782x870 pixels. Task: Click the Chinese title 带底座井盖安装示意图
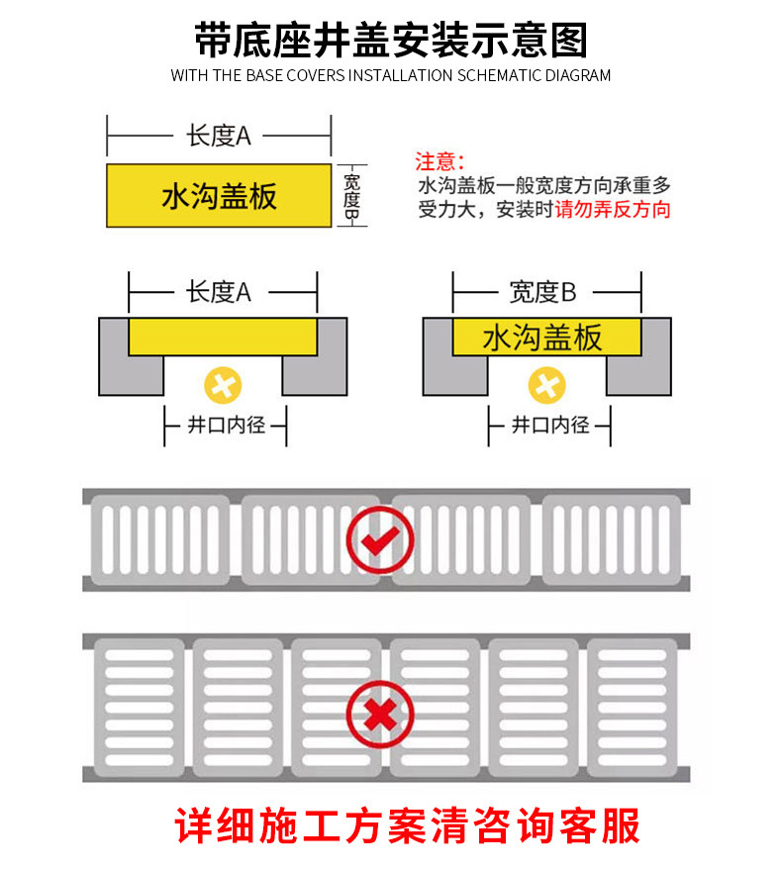pyautogui.click(x=391, y=40)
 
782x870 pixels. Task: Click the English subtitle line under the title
pyautogui.click(x=391, y=75)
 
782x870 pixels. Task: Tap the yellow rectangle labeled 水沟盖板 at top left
pyautogui.click(x=219, y=195)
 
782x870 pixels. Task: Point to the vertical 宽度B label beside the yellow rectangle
pyautogui.click(x=351, y=196)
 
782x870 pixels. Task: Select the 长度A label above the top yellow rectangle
pyautogui.click(x=219, y=136)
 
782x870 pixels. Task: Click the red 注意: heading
pyautogui.click(x=439, y=162)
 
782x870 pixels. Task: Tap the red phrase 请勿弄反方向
pyautogui.click(x=612, y=210)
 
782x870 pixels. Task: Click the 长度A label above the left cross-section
pyautogui.click(x=219, y=292)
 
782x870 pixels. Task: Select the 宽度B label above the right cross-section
pyautogui.click(x=542, y=292)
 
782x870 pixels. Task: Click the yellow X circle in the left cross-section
pyautogui.click(x=223, y=385)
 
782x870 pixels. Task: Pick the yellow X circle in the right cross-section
pyautogui.click(x=546, y=385)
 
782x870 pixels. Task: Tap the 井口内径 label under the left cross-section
pyautogui.click(x=227, y=425)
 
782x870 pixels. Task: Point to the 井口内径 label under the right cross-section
pyautogui.click(x=550, y=425)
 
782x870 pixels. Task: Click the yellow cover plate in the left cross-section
pyautogui.click(x=223, y=337)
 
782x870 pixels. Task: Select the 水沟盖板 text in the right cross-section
pyautogui.click(x=542, y=338)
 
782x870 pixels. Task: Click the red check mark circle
pyautogui.click(x=380, y=539)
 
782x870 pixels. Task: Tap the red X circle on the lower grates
pyautogui.click(x=380, y=714)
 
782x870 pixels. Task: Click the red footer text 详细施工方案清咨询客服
pyautogui.click(x=407, y=826)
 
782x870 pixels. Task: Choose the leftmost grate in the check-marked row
pyautogui.click(x=160, y=539)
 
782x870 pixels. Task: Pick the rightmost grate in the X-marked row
pyautogui.click(x=633, y=708)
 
